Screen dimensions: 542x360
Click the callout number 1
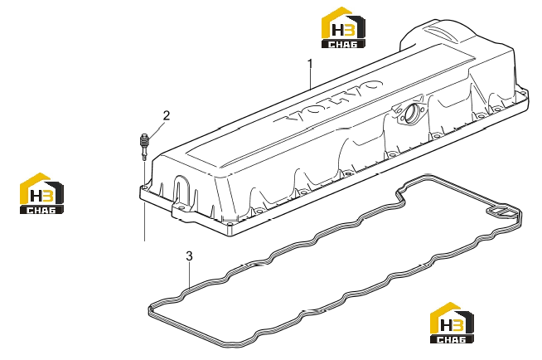click(311, 64)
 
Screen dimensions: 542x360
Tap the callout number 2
click(167, 115)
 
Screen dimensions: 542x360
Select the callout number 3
click(189, 256)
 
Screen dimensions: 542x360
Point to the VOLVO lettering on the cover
click(329, 102)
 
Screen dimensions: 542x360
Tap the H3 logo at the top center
click(343, 27)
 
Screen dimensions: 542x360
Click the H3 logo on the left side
click(41, 193)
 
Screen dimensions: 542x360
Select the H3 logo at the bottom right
click(452, 323)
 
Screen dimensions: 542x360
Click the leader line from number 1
click(311, 79)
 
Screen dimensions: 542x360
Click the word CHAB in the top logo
click(343, 44)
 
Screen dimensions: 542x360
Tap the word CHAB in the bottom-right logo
click(452, 339)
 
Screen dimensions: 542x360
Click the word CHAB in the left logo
click(41, 210)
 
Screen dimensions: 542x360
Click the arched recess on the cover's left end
click(181, 188)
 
